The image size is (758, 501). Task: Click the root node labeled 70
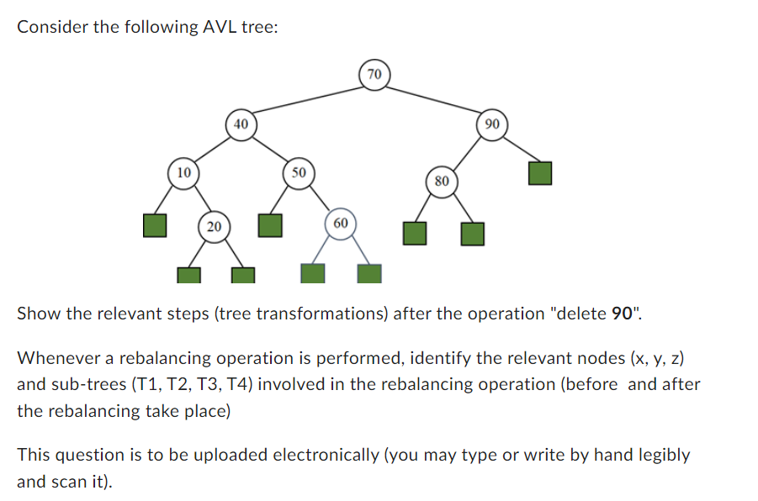[x=374, y=75]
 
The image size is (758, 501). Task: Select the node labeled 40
[x=241, y=124]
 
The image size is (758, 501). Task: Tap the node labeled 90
[x=492, y=124]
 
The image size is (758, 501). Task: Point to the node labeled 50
[x=298, y=173]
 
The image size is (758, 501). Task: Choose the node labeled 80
[x=443, y=181]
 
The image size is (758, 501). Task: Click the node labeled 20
[x=214, y=225]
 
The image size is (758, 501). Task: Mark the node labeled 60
[x=340, y=224]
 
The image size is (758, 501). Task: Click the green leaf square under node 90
[x=540, y=174]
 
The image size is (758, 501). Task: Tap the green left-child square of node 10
[x=154, y=225]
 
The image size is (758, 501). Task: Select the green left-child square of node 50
[x=269, y=225]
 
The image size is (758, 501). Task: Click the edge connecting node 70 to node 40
[x=307, y=99]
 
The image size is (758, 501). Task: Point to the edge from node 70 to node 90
[x=433, y=99]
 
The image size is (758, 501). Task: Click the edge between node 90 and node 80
[x=468, y=151]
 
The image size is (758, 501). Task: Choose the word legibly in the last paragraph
[x=658, y=455]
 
